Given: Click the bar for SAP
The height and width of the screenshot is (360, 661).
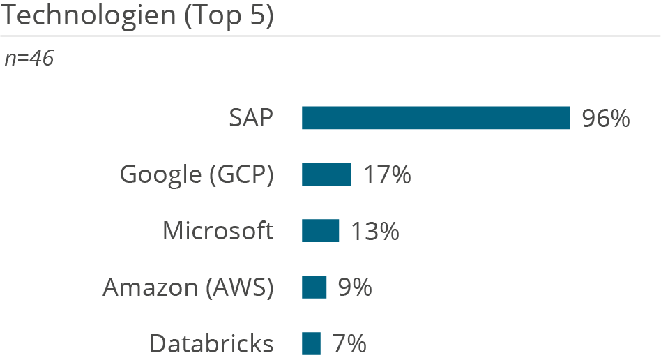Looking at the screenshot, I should coord(436,118).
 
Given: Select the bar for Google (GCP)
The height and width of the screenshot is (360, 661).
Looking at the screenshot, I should coord(326,174).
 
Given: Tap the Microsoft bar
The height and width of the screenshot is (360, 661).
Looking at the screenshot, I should coord(321,231).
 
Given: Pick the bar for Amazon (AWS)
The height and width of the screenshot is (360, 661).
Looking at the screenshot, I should coord(314,287).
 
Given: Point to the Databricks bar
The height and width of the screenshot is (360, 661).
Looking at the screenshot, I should coord(311,343).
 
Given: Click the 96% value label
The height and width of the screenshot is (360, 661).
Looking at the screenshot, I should coord(606,119).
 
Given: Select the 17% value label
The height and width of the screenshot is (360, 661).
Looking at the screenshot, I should coord(386,175).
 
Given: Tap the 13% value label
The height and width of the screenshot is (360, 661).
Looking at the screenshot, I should coord(374,231).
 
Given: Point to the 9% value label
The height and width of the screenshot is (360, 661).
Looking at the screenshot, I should coord(355,287).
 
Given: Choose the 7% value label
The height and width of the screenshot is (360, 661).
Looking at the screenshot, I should coord(349,344).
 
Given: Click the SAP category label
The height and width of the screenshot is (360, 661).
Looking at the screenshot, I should coord(251,119).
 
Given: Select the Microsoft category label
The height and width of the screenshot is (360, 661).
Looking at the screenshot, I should coord(218,231).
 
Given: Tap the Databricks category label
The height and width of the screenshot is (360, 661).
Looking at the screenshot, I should coord(211,344).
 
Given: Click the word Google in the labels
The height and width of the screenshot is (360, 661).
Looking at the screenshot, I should coord(161,175).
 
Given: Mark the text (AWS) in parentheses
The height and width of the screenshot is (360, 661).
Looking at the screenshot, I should coord(241,287).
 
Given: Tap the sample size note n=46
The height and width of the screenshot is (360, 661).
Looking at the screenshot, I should coord(29,59).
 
